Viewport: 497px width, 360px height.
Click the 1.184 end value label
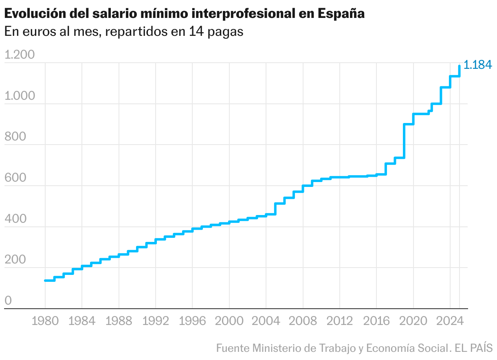pyautogui.click(x=478, y=65)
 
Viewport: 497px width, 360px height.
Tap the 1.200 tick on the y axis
pyautogui.click(x=20, y=55)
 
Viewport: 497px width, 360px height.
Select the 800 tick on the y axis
pyautogui.click(x=15, y=137)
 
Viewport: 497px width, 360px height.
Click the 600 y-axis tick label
pyautogui.click(x=15, y=178)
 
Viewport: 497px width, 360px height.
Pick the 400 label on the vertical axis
pyautogui.click(x=15, y=219)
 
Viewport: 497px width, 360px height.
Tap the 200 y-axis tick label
pyautogui.click(x=15, y=260)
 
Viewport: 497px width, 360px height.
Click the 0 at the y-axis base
pyautogui.click(x=8, y=301)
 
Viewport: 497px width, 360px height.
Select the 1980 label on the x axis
pyautogui.click(x=45, y=321)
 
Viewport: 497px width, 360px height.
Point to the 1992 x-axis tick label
pyautogui.click(x=156, y=321)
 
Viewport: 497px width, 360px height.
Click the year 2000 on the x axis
pyautogui.click(x=229, y=321)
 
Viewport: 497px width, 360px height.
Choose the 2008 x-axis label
pyautogui.click(x=303, y=321)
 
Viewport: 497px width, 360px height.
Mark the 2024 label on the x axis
pyautogui.click(x=450, y=321)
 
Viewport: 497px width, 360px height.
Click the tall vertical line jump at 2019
pyautogui.click(x=404, y=140)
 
